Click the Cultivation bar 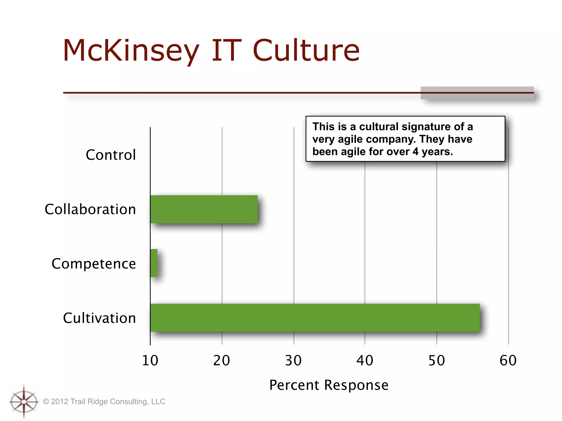pos(315,318)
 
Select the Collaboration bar pos(204,209)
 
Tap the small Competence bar pos(154,263)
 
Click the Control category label pos(111,155)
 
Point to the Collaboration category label pos(90,209)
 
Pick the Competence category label pos(94,264)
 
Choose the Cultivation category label pos(99,318)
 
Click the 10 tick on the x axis pos(150,360)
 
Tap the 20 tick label pos(222,360)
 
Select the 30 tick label pos(293,360)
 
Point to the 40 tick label pos(365,360)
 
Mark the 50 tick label pos(437,360)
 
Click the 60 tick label pos(508,360)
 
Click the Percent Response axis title pos(329,385)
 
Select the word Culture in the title pos(306,51)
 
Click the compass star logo pos(24,402)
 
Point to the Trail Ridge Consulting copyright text pos(104,402)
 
